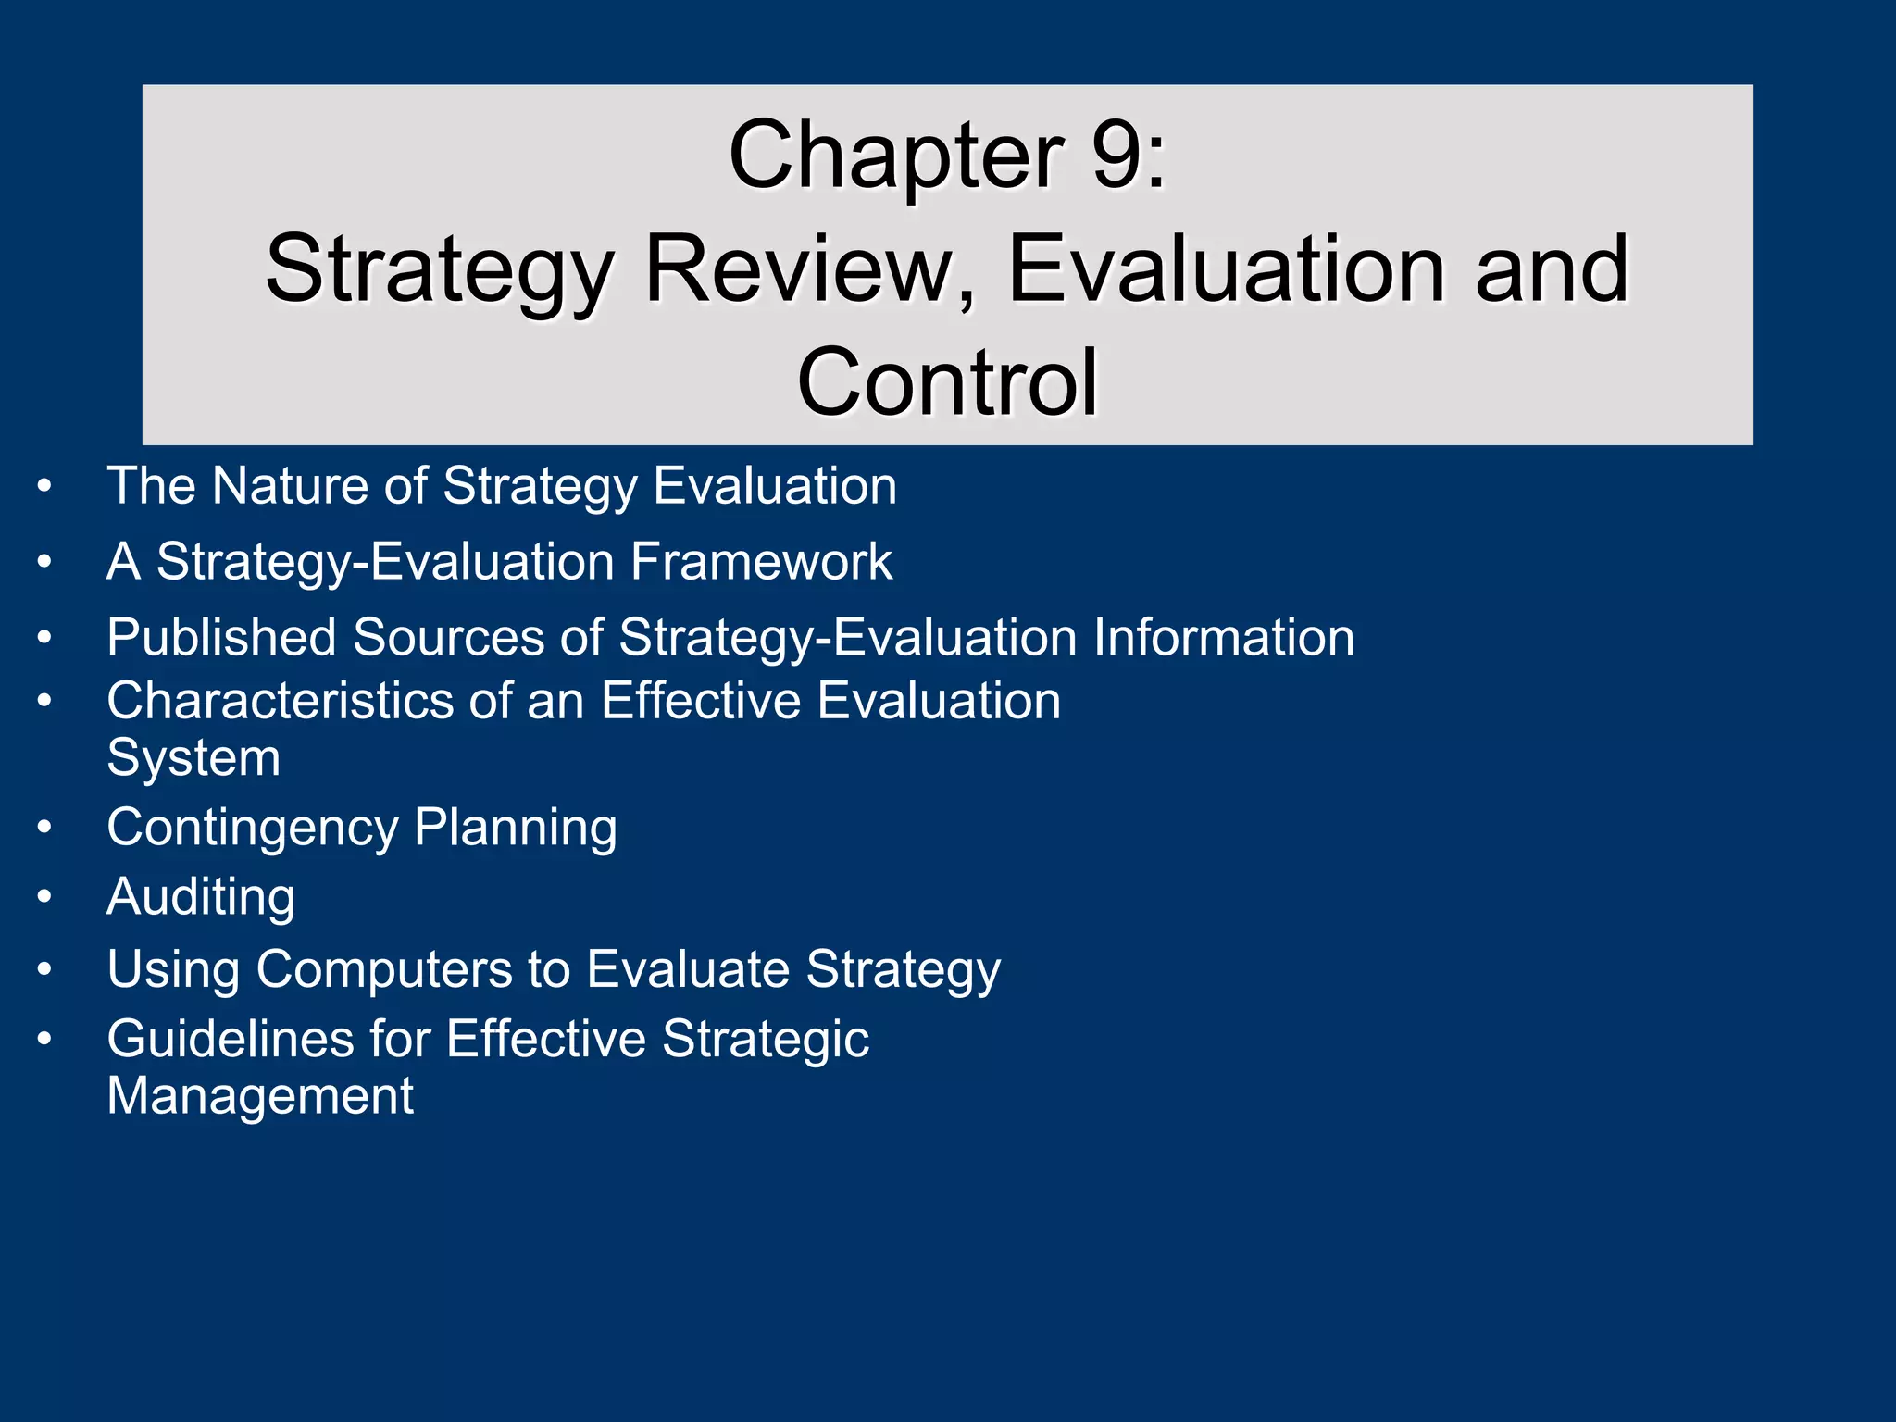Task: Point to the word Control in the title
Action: click(x=947, y=381)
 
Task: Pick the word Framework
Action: click(x=761, y=561)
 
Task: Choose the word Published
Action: click(x=221, y=638)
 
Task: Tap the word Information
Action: click(x=1224, y=637)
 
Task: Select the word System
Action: click(x=193, y=758)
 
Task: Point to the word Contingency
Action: click(x=252, y=828)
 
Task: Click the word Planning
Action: click(x=515, y=828)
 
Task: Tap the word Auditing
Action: click(x=201, y=897)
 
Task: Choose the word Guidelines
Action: click(x=230, y=1039)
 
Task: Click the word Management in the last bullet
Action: click(x=260, y=1096)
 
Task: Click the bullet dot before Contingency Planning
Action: click(x=44, y=827)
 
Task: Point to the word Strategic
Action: click(x=766, y=1039)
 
